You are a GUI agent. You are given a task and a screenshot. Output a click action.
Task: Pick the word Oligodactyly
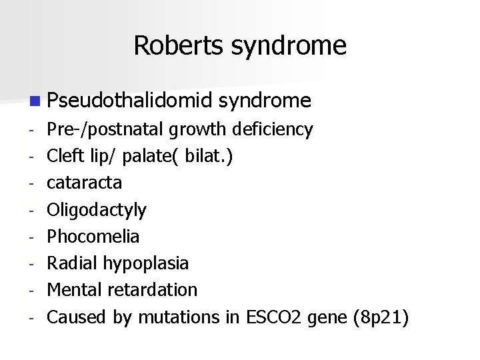[97, 210]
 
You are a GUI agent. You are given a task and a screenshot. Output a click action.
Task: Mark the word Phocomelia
[93, 237]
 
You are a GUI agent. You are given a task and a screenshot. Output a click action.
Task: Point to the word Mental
[71, 290]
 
